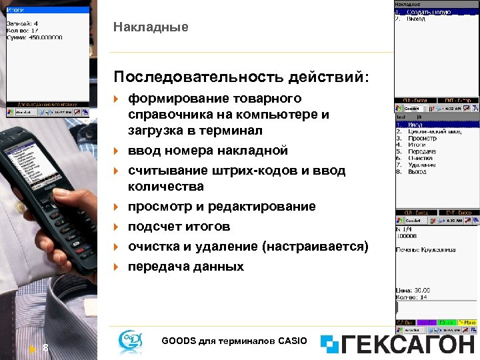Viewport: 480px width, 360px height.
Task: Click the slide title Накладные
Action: [x=151, y=27]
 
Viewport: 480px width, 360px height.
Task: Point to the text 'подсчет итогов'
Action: [x=179, y=227]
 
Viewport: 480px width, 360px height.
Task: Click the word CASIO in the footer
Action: [x=291, y=341]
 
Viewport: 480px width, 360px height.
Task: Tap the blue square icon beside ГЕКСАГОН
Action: [x=330, y=344]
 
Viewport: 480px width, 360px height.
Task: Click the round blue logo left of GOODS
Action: [x=130, y=341]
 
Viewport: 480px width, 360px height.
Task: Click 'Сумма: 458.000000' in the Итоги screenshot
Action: [x=35, y=37]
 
